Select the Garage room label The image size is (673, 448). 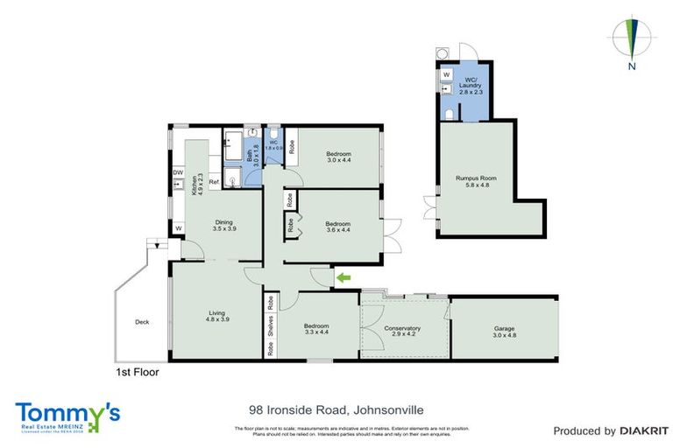(x=504, y=331)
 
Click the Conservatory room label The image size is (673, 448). (x=402, y=332)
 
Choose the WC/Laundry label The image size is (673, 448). (x=472, y=80)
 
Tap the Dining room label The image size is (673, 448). (x=223, y=224)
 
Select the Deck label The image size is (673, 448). (x=142, y=322)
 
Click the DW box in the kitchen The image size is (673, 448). (x=178, y=173)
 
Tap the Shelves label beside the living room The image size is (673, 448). (x=270, y=328)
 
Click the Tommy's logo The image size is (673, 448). (x=67, y=416)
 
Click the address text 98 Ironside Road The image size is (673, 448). (x=299, y=409)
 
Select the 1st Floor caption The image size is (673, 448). (x=138, y=371)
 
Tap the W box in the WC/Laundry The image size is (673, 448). (x=446, y=75)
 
